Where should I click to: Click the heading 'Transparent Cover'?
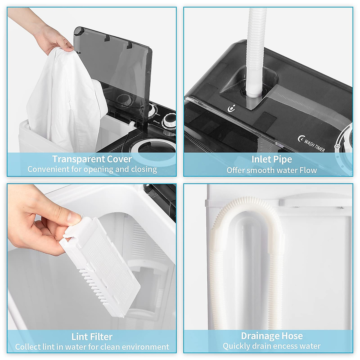click(92, 159)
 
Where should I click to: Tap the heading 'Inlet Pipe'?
click(271, 159)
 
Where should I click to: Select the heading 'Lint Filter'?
click(92, 337)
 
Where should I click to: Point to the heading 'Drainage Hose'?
click(271, 336)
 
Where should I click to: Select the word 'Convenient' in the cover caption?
click(48, 169)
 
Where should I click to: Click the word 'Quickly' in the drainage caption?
click(235, 346)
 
